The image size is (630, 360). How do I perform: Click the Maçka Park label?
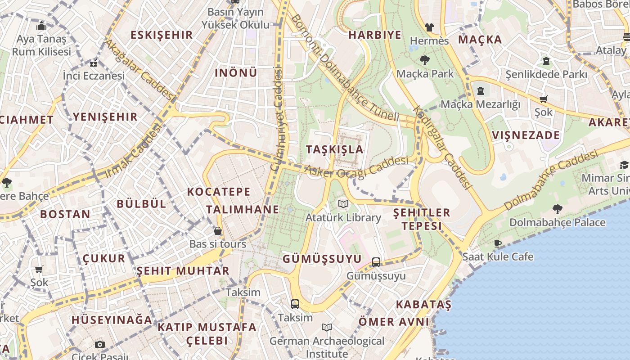pos(425,73)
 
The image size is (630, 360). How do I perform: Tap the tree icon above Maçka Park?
pos(424,60)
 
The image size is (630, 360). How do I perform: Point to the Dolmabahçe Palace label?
pos(557,222)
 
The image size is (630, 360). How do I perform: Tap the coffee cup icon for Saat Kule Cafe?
pos(497,244)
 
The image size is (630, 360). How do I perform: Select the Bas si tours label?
pos(217,244)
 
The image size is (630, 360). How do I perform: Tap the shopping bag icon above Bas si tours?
pos(218,231)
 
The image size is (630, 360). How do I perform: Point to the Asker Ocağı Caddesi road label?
pos(356,167)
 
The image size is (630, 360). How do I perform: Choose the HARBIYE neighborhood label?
pos(375,35)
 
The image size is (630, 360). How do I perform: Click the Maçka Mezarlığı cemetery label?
pos(480,104)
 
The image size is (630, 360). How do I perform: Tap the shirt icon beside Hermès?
pos(429,27)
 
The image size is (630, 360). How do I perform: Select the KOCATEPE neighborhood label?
pos(219,192)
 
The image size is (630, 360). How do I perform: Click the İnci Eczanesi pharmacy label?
pos(94,76)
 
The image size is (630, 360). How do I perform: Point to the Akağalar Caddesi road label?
pos(139,70)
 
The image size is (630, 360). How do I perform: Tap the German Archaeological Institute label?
pos(327,347)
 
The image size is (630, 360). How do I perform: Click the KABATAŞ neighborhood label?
pos(423,305)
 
